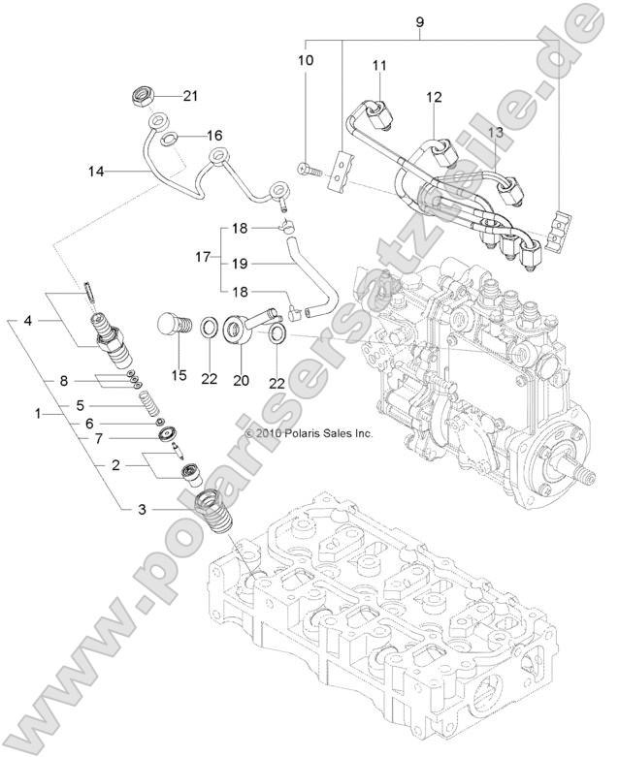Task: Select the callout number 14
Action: pyautogui.click(x=95, y=173)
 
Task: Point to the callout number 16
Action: pyautogui.click(x=213, y=135)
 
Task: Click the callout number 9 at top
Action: pyautogui.click(x=419, y=20)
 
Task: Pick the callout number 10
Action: pyautogui.click(x=306, y=60)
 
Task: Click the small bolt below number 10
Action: pyautogui.click(x=308, y=172)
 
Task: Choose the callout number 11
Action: pyautogui.click(x=379, y=65)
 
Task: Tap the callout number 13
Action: pyautogui.click(x=496, y=131)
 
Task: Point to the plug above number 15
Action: pyautogui.click(x=171, y=324)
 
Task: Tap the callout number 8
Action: pyautogui.click(x=64, y=379)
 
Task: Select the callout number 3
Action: pyautogui.click(x=142, y=508)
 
